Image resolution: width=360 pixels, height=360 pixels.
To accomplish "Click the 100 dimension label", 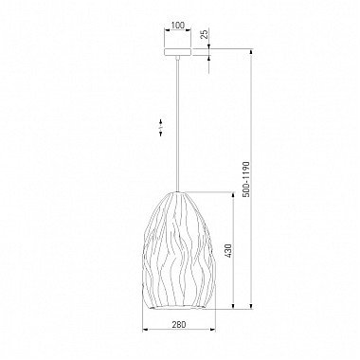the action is pyautogui.click(x=178, y=26).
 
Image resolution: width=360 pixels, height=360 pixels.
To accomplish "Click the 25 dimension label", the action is pyautogui.click(x=205, y=34).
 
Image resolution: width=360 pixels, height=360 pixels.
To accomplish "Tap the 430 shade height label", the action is pyautogui.click(x=228, y=250).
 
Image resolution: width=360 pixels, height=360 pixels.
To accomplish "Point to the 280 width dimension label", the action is pyautogui.click(x=179, y=324).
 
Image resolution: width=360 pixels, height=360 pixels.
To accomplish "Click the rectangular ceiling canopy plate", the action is pyautogui.click(x=178, y=52).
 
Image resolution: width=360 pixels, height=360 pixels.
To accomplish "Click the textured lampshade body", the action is pyautogui.click(x=179, y=250).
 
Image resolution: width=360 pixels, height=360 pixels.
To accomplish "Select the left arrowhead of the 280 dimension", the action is pyautogui.click(x=145, y=331).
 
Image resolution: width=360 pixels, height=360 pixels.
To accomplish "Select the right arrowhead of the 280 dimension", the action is pyautogui.click(x=213, y=331).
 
